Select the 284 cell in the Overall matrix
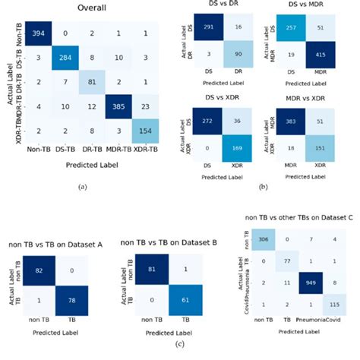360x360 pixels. pos(73,57)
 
